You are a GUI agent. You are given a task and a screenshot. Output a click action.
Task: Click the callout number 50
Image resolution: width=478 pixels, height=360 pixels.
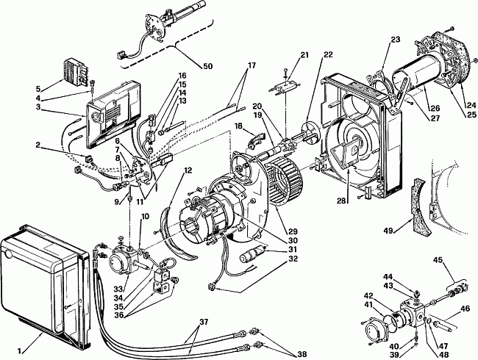[207, 66]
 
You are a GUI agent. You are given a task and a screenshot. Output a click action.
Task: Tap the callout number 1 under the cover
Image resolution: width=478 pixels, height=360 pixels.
[20, 351]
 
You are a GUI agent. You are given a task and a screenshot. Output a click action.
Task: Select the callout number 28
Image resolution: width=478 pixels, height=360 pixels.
[342, 201]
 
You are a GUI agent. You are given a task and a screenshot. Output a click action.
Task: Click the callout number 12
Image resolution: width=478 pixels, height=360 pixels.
[188, 170]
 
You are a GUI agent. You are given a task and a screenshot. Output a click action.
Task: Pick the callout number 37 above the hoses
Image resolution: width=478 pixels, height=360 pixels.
[204, 322]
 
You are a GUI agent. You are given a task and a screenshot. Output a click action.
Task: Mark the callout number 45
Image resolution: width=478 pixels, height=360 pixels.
[438, 260]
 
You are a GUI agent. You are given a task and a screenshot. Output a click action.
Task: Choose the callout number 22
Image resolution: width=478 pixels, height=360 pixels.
[328, 55]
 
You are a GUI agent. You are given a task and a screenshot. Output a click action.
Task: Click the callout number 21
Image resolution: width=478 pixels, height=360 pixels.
[304, 55]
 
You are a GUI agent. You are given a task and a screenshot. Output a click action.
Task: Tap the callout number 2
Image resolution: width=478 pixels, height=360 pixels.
[38, 145]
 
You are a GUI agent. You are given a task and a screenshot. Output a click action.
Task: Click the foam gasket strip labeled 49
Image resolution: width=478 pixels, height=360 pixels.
[418, 207]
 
